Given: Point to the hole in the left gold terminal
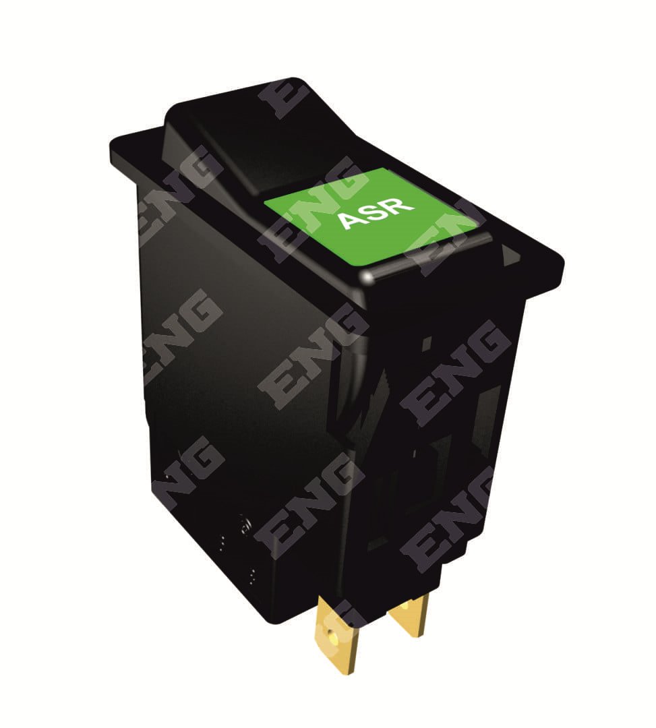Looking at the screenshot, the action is pyautogui.click(x=330, y=634).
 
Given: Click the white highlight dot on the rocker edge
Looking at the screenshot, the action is pyautogui.click(x=368, y=277).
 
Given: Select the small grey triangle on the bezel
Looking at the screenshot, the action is pyautogui.click(x=510, y=253).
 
